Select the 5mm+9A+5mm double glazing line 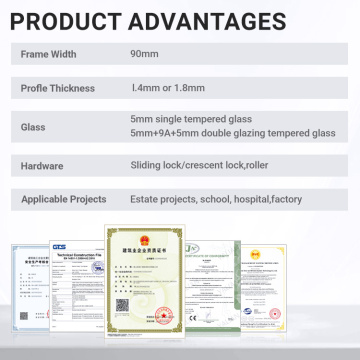(x=231, y=135)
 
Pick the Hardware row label (x=44, y=165)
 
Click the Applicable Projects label (x=65, y=199)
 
